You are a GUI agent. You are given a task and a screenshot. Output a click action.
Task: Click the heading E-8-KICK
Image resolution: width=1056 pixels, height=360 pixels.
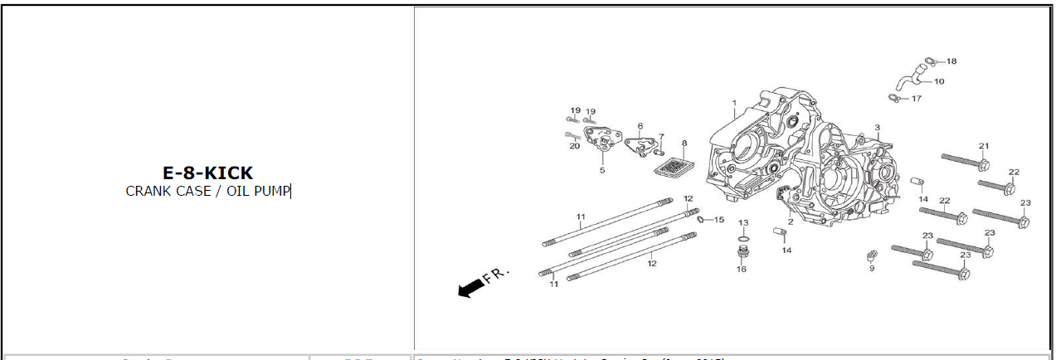coord(207,173)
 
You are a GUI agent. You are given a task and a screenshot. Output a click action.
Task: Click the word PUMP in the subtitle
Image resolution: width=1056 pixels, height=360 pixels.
coord(273,191)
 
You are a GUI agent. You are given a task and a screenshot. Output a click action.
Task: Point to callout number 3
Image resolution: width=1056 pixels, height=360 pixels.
coord(877,128)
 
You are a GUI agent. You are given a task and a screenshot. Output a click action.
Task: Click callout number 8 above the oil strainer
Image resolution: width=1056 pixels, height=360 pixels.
coord(684,143)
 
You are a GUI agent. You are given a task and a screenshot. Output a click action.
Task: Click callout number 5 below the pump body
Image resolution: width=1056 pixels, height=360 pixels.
coord(602,170)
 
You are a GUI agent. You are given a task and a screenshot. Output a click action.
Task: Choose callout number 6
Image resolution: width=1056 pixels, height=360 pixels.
coord(640,126)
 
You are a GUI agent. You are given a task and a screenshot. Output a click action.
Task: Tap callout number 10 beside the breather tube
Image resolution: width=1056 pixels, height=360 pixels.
coord(939,81)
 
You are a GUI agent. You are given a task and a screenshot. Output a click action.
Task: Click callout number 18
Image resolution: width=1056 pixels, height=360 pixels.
coord(951,61)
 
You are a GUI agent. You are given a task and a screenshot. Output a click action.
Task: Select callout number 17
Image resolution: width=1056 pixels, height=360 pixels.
coord(917,99)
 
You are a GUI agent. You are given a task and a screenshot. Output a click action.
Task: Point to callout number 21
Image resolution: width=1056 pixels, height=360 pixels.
coord(984,147)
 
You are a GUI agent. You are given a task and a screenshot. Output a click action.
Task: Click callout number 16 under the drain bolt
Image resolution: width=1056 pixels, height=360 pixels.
coord(742,269)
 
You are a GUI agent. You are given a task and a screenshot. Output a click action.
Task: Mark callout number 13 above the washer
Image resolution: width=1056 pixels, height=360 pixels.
coord(743,223)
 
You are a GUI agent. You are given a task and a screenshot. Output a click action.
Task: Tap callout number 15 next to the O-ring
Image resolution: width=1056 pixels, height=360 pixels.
coord(719,220)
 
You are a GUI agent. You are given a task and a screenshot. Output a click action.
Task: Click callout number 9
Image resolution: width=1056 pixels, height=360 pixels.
coord(872,268)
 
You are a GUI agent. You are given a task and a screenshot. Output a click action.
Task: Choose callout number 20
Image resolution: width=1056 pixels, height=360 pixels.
coord(574,147)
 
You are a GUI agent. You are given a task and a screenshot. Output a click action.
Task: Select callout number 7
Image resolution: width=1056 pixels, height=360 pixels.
coord(661,137)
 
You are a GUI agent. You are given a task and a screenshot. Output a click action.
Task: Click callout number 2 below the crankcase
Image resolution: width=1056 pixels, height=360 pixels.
coord(791,221)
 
